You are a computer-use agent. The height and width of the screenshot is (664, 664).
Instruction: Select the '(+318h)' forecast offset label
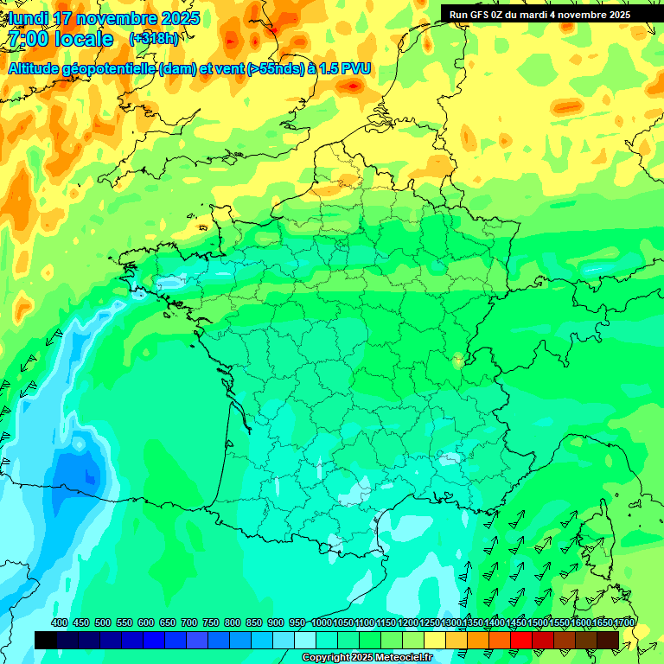point(155,39)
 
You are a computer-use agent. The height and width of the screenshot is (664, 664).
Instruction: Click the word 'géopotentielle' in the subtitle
point(112,68)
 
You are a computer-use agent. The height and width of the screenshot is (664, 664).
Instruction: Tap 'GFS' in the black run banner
point(482,15)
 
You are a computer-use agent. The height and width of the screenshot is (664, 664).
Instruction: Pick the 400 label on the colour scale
point(60,622)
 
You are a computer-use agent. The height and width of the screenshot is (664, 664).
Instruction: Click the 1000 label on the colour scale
point(322,622)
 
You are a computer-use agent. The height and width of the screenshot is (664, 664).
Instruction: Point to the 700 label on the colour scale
point(189,622)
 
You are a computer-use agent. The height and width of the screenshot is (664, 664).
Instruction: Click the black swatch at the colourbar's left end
point(46,640)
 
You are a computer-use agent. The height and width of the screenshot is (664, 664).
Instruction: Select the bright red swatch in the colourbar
point(521,640)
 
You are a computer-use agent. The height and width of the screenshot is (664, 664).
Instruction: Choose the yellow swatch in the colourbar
point(435,640)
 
